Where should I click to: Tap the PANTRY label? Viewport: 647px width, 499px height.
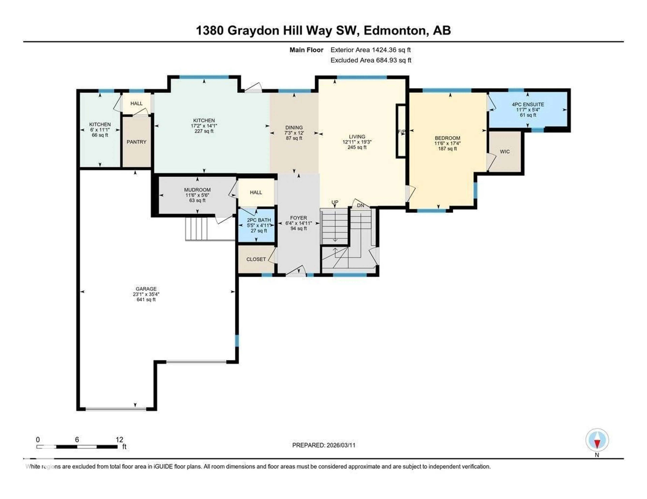pos(137,142)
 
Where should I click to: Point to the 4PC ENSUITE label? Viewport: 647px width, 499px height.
pos(528,104)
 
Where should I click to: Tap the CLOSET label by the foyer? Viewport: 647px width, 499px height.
pos(256,259)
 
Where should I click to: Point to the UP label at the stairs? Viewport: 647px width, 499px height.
pos(335,202)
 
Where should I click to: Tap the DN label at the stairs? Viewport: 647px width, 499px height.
pos(361,205)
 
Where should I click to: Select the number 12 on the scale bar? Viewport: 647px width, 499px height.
pos(119,440)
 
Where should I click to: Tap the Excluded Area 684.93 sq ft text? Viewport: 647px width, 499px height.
pos(371,60)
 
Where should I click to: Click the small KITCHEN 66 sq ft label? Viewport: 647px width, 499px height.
pos(100,135)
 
